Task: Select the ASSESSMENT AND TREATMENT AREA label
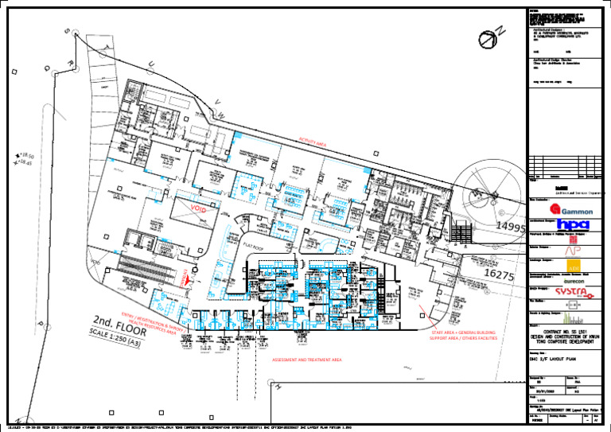307,360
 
